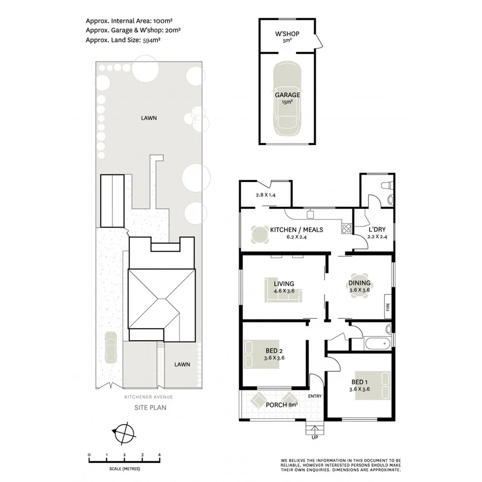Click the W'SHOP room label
[x=287, y=34]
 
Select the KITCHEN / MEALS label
[x=296, y=230]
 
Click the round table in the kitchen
[x=259, y=235]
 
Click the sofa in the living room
[x=284, y=293]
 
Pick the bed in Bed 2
[x=257, y=353]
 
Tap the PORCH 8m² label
[x=282, y=405]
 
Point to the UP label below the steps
[x=314, y=438]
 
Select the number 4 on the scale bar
[x=159, y=455]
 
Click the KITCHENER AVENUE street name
[x=149, y=397]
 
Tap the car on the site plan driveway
[x=111, y=348]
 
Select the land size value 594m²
[x=151, y=39]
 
